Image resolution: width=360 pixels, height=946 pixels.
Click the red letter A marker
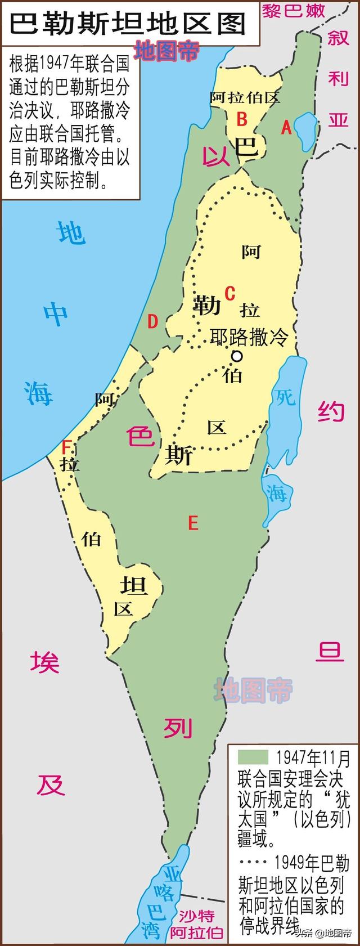[286, 128]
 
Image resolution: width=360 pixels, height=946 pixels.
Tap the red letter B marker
[242, 119]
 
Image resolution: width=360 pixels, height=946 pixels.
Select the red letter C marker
[229, 293]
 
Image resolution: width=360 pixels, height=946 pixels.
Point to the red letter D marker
[152, 322]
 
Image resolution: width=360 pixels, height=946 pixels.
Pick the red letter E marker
[193, 524]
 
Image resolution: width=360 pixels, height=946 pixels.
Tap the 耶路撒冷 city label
[249, 337]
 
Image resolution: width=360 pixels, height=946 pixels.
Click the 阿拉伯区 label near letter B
[245, 97]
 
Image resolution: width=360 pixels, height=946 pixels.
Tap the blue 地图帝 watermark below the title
[166, 51]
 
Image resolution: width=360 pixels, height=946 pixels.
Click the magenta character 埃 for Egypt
[45, 662]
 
